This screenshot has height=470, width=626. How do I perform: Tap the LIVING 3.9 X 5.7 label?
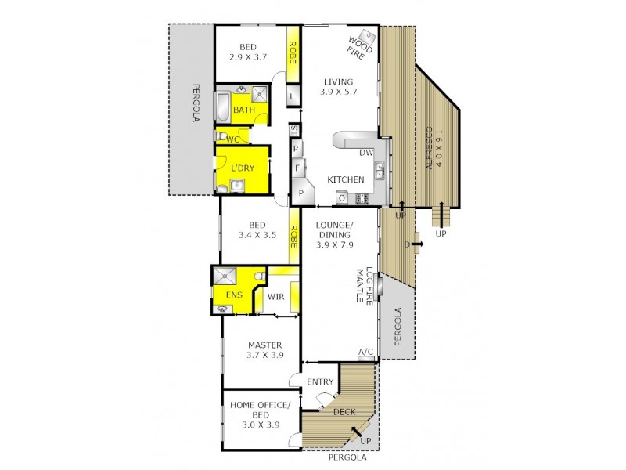coord(339,86)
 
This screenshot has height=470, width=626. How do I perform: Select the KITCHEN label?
coord(345,180)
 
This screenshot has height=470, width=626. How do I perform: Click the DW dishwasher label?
coord(366,153)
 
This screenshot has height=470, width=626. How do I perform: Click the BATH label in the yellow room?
coord(243,110)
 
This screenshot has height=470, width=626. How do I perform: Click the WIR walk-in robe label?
coord(275,298)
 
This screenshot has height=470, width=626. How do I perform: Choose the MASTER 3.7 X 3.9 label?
coord(264,350)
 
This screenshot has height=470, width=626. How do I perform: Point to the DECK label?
coord(344,412)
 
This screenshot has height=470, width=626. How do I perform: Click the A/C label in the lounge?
coord(365,351)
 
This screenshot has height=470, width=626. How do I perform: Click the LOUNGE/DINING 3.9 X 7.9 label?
coord(335,235)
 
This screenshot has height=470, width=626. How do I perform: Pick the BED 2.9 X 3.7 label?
coord(249,51)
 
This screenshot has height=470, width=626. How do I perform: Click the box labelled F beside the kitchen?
coord(297,167)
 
